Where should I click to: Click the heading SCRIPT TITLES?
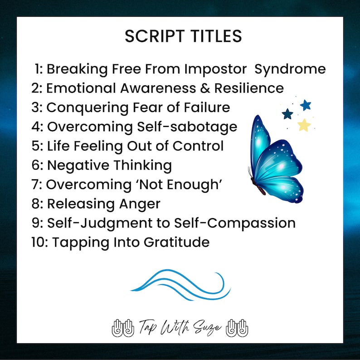[183, 37]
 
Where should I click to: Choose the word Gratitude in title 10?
[177, 243]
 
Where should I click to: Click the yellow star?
[304, 124]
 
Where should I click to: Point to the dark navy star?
[287, 113]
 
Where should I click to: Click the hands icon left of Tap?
[123, 327]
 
